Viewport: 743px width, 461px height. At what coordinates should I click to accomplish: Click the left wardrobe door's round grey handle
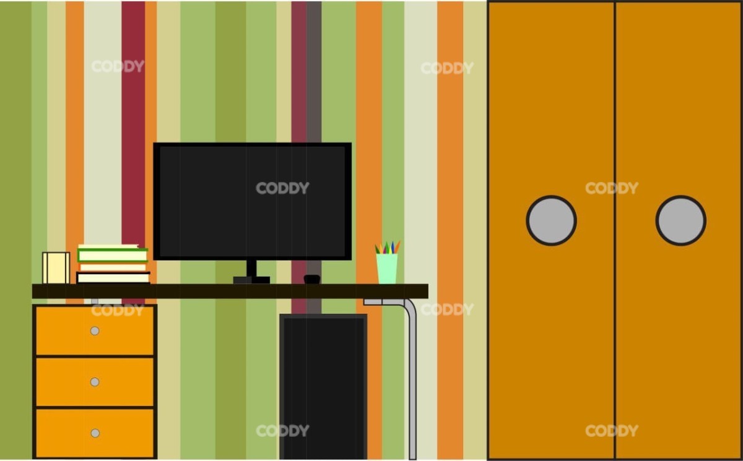551,220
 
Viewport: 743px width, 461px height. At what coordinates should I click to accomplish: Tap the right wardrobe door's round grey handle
680,220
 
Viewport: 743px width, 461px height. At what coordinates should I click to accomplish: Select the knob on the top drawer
95,330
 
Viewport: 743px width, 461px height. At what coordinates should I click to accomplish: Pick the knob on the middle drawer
95,382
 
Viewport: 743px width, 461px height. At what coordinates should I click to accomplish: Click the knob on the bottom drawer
95,433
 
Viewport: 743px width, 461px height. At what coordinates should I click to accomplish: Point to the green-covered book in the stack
113,255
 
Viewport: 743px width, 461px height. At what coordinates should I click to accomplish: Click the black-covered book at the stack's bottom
113,277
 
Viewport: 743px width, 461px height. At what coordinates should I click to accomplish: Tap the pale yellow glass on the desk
56,268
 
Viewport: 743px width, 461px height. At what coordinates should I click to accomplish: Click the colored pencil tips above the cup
387,248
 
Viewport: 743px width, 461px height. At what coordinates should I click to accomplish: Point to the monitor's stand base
251,280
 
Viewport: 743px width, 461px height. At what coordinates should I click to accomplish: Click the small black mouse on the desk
312,279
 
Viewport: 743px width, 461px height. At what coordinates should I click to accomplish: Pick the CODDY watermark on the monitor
282,188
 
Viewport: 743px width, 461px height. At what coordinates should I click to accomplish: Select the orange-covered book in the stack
113,267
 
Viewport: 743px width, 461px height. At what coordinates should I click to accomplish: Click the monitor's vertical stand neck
251,268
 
